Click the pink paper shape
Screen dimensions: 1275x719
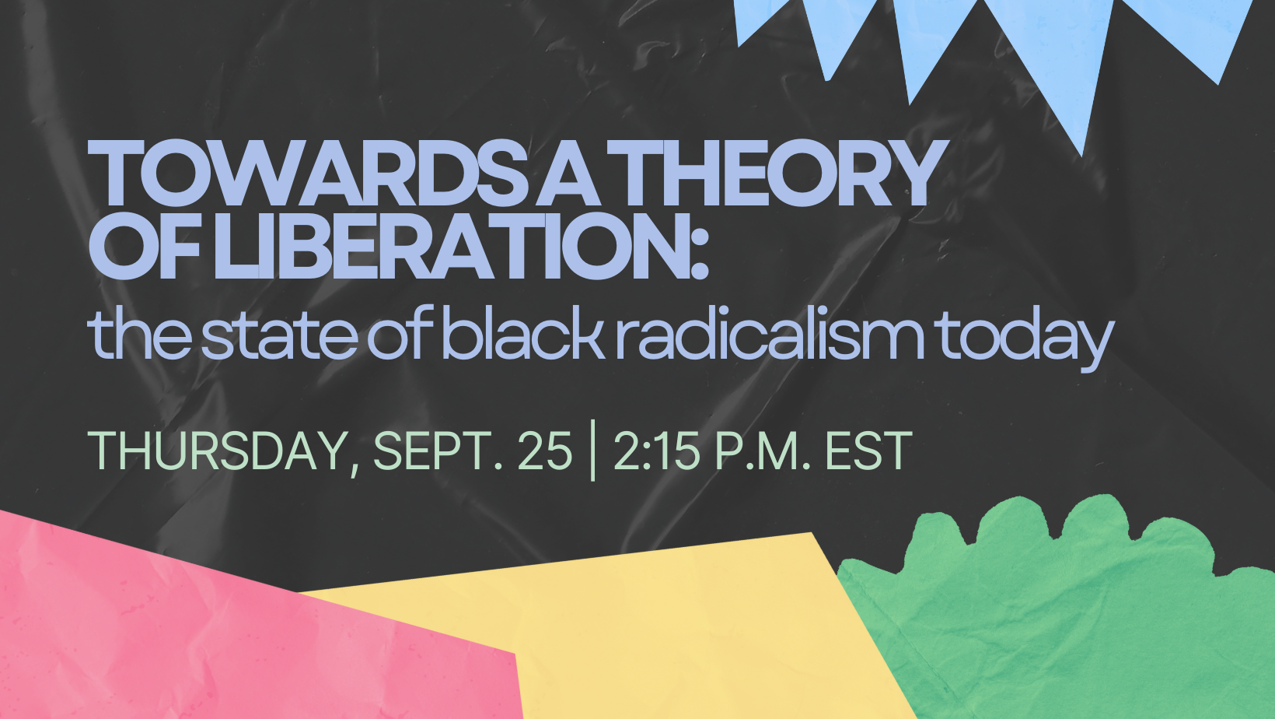coord(228,626)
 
